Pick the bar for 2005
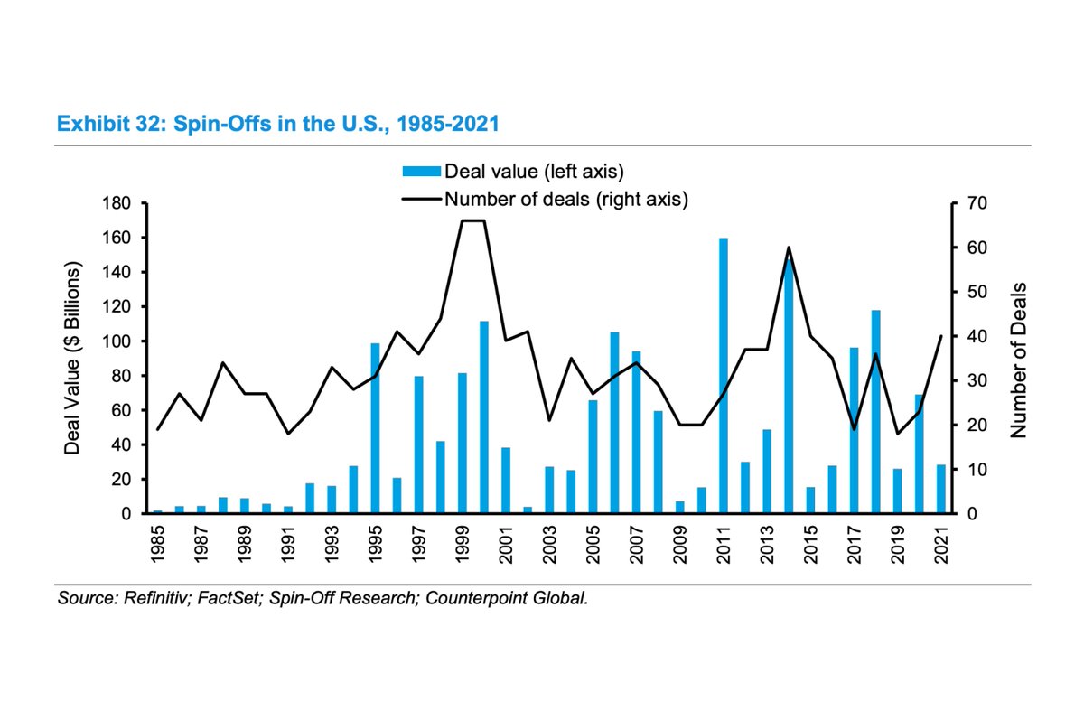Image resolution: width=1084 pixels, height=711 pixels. (593, 456)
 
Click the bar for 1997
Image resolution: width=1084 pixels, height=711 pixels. (419, 444)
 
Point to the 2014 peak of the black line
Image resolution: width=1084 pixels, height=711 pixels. (789, 248)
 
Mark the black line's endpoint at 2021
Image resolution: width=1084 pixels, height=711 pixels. (940, 336)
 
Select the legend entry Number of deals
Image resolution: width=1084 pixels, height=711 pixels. (565, 200)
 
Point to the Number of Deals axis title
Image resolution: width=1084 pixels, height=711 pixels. (1019, 359)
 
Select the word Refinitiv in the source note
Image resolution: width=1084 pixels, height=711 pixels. (146, 598)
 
